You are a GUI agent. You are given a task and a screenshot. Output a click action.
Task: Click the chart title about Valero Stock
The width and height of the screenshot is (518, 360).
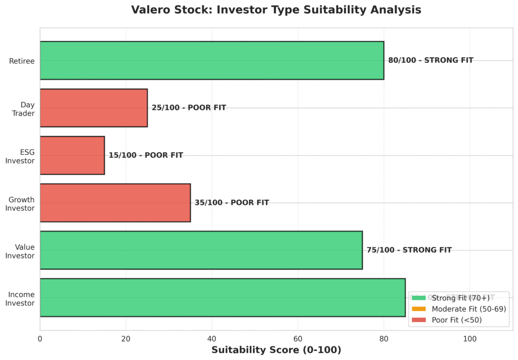pyautogui.click(x=276, y=10)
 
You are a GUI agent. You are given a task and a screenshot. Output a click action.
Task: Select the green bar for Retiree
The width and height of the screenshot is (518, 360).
pyautogui.click(x=211, y=61)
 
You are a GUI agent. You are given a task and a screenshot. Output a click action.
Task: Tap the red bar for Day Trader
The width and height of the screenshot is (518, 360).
pyautogui.click(x=94, y=108)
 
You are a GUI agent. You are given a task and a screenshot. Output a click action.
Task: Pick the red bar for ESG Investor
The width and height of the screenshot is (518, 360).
pyautogui.click(x=72, y=155)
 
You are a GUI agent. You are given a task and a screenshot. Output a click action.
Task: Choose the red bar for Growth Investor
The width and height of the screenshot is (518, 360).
pyautogui.click(x=115, y=203)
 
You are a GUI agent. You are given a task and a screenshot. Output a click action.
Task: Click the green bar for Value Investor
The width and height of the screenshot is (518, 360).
pyautogui.click(x=201, y=250)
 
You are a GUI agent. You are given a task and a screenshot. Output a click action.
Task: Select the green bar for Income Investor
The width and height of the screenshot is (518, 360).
pyautogui.click(x=223, y=297)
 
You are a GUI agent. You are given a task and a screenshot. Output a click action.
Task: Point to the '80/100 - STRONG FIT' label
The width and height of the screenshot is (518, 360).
pyautogui.click(x=430, y=60)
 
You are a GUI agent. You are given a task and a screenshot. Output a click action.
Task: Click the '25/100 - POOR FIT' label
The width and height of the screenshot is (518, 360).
pyautogui.click(x=189, y=108)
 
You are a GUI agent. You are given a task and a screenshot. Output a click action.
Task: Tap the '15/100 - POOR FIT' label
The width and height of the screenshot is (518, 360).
pyautogui.click(x=146, y=155)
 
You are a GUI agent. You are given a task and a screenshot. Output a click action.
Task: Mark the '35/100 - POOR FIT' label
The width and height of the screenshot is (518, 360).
pyautogui.click(x=232, y=203)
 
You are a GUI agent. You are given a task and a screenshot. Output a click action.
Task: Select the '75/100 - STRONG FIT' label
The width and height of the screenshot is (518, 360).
pyautogui.click(x=409, y=250)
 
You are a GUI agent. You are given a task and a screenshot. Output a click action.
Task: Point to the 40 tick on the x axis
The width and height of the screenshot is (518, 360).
pyautogui.click(x=212, y=338)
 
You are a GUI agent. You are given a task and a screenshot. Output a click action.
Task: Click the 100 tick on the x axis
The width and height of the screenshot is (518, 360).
pyautogui.click(x=470, y=338)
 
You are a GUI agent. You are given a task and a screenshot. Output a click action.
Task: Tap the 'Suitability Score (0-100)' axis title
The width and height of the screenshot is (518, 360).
pyautogui.click(x=276, y=350)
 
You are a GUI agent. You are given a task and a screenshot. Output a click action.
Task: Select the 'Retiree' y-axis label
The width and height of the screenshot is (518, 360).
pyautogui.click(x=22, y=61)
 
